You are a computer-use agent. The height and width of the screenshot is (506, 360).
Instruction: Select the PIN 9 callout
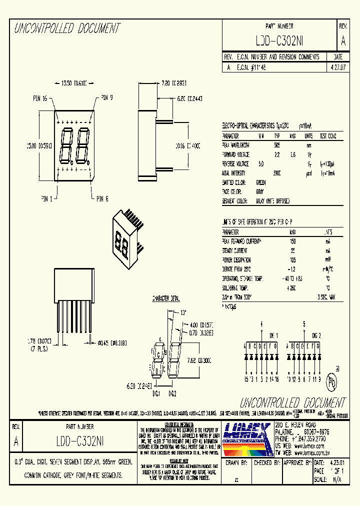[106, 97]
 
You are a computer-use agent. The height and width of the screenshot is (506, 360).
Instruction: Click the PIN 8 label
[102, 199]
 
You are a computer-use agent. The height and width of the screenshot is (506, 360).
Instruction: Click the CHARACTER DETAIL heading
[165, 298]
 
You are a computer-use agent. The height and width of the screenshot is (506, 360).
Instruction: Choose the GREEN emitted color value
[260, 182]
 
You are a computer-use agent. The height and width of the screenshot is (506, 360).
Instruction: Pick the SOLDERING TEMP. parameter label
[237, 288]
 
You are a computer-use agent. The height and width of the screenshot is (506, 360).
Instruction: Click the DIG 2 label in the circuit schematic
[317, 335]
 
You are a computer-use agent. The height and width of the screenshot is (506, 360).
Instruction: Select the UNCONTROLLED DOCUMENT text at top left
[66, 28]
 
